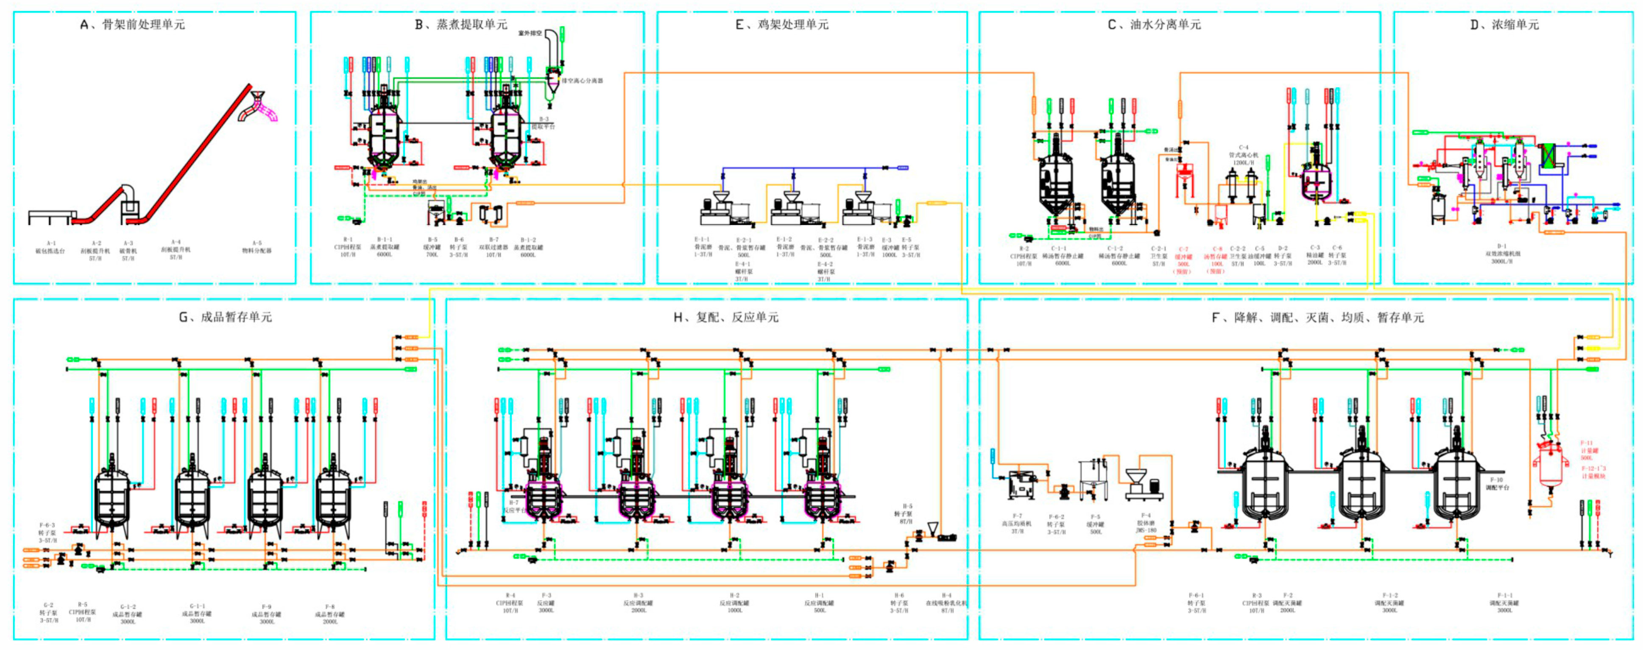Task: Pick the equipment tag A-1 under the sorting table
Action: pos(51,247)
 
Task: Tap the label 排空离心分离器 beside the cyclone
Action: pos(582,81)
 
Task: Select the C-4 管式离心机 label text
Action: pos(1243,155)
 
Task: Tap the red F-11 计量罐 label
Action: pos(1588,450)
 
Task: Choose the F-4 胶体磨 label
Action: pos(1146,522)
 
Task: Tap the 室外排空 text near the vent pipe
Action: pos(530,33)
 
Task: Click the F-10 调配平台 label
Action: pos(1496,483)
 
